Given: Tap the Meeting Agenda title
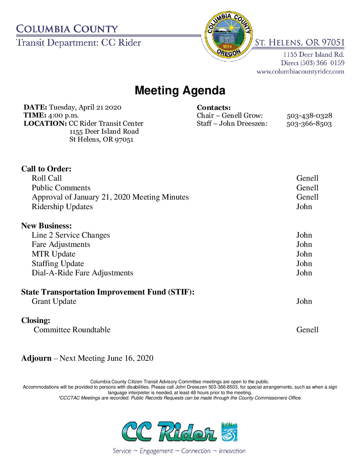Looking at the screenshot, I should tap(180, 90).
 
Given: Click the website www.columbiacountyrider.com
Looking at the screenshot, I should tap(300, 71).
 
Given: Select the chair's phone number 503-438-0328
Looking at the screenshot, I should tap(309, 116).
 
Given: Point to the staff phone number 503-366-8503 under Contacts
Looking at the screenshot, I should tap(309, 123).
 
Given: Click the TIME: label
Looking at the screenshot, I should tap(35, 115).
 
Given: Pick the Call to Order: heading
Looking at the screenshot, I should tap(46, 169).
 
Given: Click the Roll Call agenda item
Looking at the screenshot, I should tap(47, 178).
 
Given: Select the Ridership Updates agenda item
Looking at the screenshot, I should tap(62, 207).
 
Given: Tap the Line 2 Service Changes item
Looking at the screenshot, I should tap(71, 235).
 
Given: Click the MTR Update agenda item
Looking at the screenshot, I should tap(54, 254).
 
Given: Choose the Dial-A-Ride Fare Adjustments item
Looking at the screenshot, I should tap(82, 273).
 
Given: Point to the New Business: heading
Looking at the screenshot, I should tap(46, 226).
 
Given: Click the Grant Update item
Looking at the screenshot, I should tap(54, 301).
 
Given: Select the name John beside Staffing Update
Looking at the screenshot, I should tap(304, 263).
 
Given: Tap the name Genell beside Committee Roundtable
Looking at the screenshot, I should tap(307, 330).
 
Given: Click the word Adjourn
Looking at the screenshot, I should tap(36, 358).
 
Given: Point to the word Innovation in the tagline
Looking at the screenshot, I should tap(232, 451).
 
